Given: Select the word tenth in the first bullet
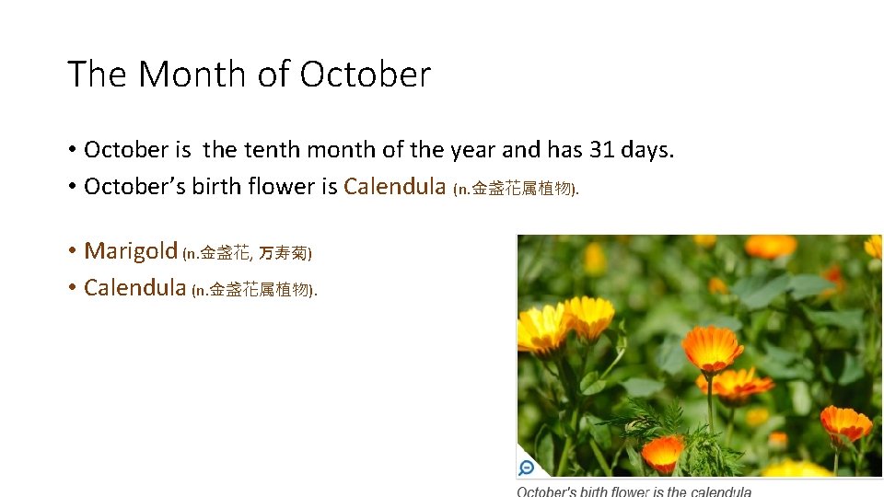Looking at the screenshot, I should pyautogui.click(x=272, y=150).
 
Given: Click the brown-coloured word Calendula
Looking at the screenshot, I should pyautogui.click(x=394, y=187).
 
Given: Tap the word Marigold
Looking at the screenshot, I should pyautogui.click(x=131, y=250).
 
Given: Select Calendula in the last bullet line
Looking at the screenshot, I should pyautogui.click(x=134, y=287).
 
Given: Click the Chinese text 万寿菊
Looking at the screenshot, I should pyautogui.click(x=284, y=252).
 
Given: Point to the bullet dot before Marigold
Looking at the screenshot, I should pyautogui.click(x=71, y=251).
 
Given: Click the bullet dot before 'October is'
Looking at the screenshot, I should pyautogui.click(x=71, y=150).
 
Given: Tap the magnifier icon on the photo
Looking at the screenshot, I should pyautogui.click(x=527, y=468).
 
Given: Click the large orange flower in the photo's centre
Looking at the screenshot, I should pyautogui.click(x=712, y=348).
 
